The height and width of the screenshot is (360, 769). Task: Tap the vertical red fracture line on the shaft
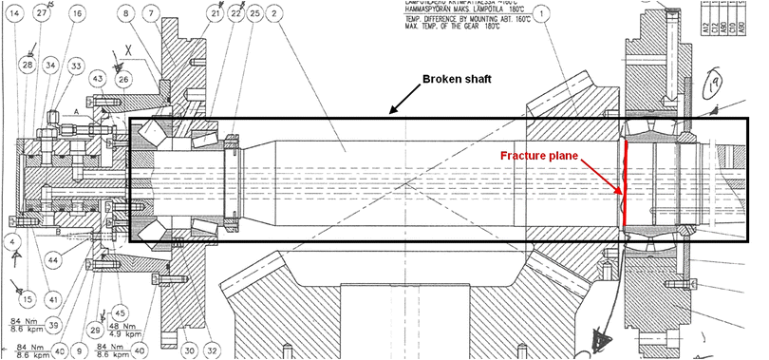click(x=625, y=185)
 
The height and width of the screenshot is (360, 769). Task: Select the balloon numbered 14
click(x=13, y=13)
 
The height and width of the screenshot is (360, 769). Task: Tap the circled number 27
click(x=43, y=13)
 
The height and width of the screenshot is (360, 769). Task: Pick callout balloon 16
click(x=76, y=13)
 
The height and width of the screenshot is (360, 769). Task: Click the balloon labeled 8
click(x=126, y=13)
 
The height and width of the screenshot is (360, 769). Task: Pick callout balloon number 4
click(x=13, y=242)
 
